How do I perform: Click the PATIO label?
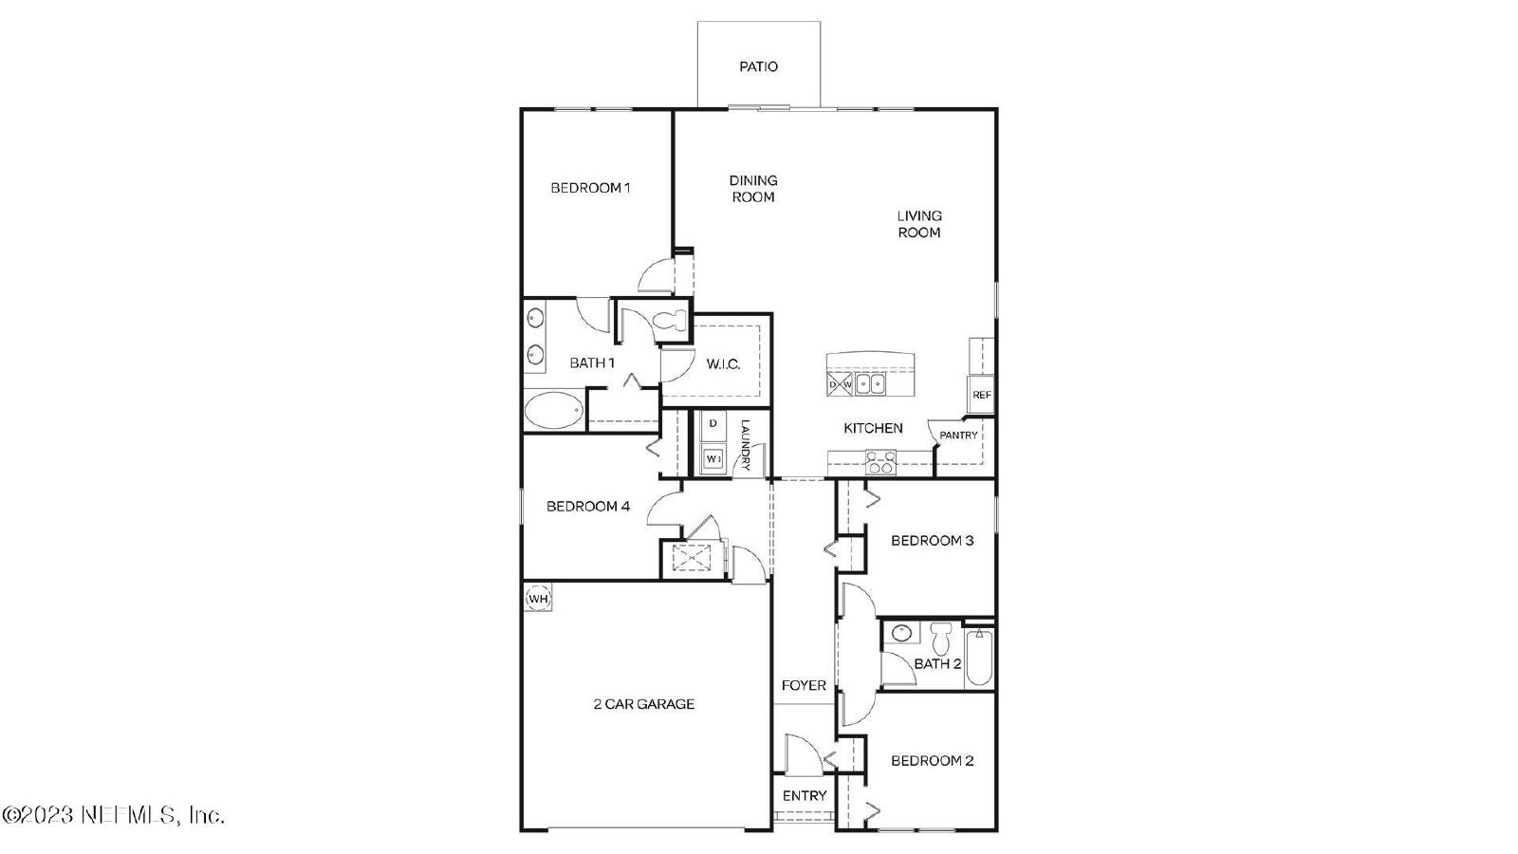point(758,66)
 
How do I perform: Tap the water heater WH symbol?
point(538,599)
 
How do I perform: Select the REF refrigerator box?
point(981,395)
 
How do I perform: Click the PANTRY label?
point(958,436)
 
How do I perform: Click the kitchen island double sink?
point(869,384)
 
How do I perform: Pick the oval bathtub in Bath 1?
point(554,409)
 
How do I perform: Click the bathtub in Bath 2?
point(978,658)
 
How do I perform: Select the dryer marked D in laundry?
point(713,424)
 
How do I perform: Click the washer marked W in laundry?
point(713,459)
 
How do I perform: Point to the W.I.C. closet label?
point(723,364)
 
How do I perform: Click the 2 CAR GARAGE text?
point(644,704)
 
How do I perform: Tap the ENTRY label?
point(805,796)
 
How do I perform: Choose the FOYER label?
point(804,685)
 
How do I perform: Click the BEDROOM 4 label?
point(588,507)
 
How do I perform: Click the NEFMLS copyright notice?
point(113,815)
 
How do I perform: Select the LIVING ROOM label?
point(919,224)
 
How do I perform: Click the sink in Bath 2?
point(900,633)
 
